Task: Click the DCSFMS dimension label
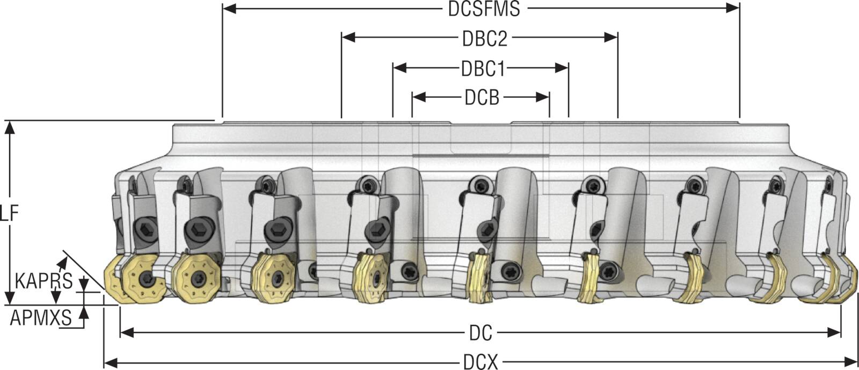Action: tap(484, 9)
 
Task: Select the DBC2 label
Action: tap(485, 38)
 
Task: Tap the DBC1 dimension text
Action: tap(483, 69)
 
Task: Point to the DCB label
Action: tap(482, 98)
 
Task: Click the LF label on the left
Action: tap(9, 214)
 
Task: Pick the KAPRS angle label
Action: tap(43, 281)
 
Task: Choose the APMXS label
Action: tap(41, 317)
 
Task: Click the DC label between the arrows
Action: tap(481, 333)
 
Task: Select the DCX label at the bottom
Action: tap(481, 361)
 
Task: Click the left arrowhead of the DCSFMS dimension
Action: tap(229, 9)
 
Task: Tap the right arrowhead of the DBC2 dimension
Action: tap(611, 38)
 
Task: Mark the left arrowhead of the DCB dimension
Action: tap(419, 97)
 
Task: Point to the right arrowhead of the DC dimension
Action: tap(834, 333)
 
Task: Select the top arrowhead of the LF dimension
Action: tap(11, 127)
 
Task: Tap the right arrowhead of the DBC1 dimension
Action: tap(562, 68)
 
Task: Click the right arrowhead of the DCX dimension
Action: tap(850, 361)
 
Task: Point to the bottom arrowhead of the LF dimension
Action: tap(11, 298)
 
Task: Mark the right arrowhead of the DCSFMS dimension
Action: tap(732, 9)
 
